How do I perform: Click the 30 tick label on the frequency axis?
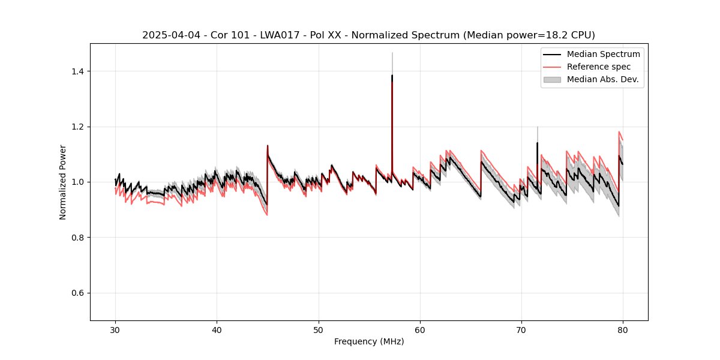(x=115, y=329)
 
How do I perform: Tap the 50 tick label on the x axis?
(x=319, y=329)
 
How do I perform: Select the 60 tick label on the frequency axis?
(x=420, y=329)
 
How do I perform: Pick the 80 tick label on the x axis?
(x=623, y=329)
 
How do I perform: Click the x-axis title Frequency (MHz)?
(x=369, y=341)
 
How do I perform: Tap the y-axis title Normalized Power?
(x=63, y=182)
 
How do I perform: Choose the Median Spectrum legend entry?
(x=603, y=54)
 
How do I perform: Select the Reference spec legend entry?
(x=599, y=67)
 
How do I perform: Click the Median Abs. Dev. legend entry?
(x=603, y=79)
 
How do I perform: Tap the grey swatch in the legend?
(x=552, y=79)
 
